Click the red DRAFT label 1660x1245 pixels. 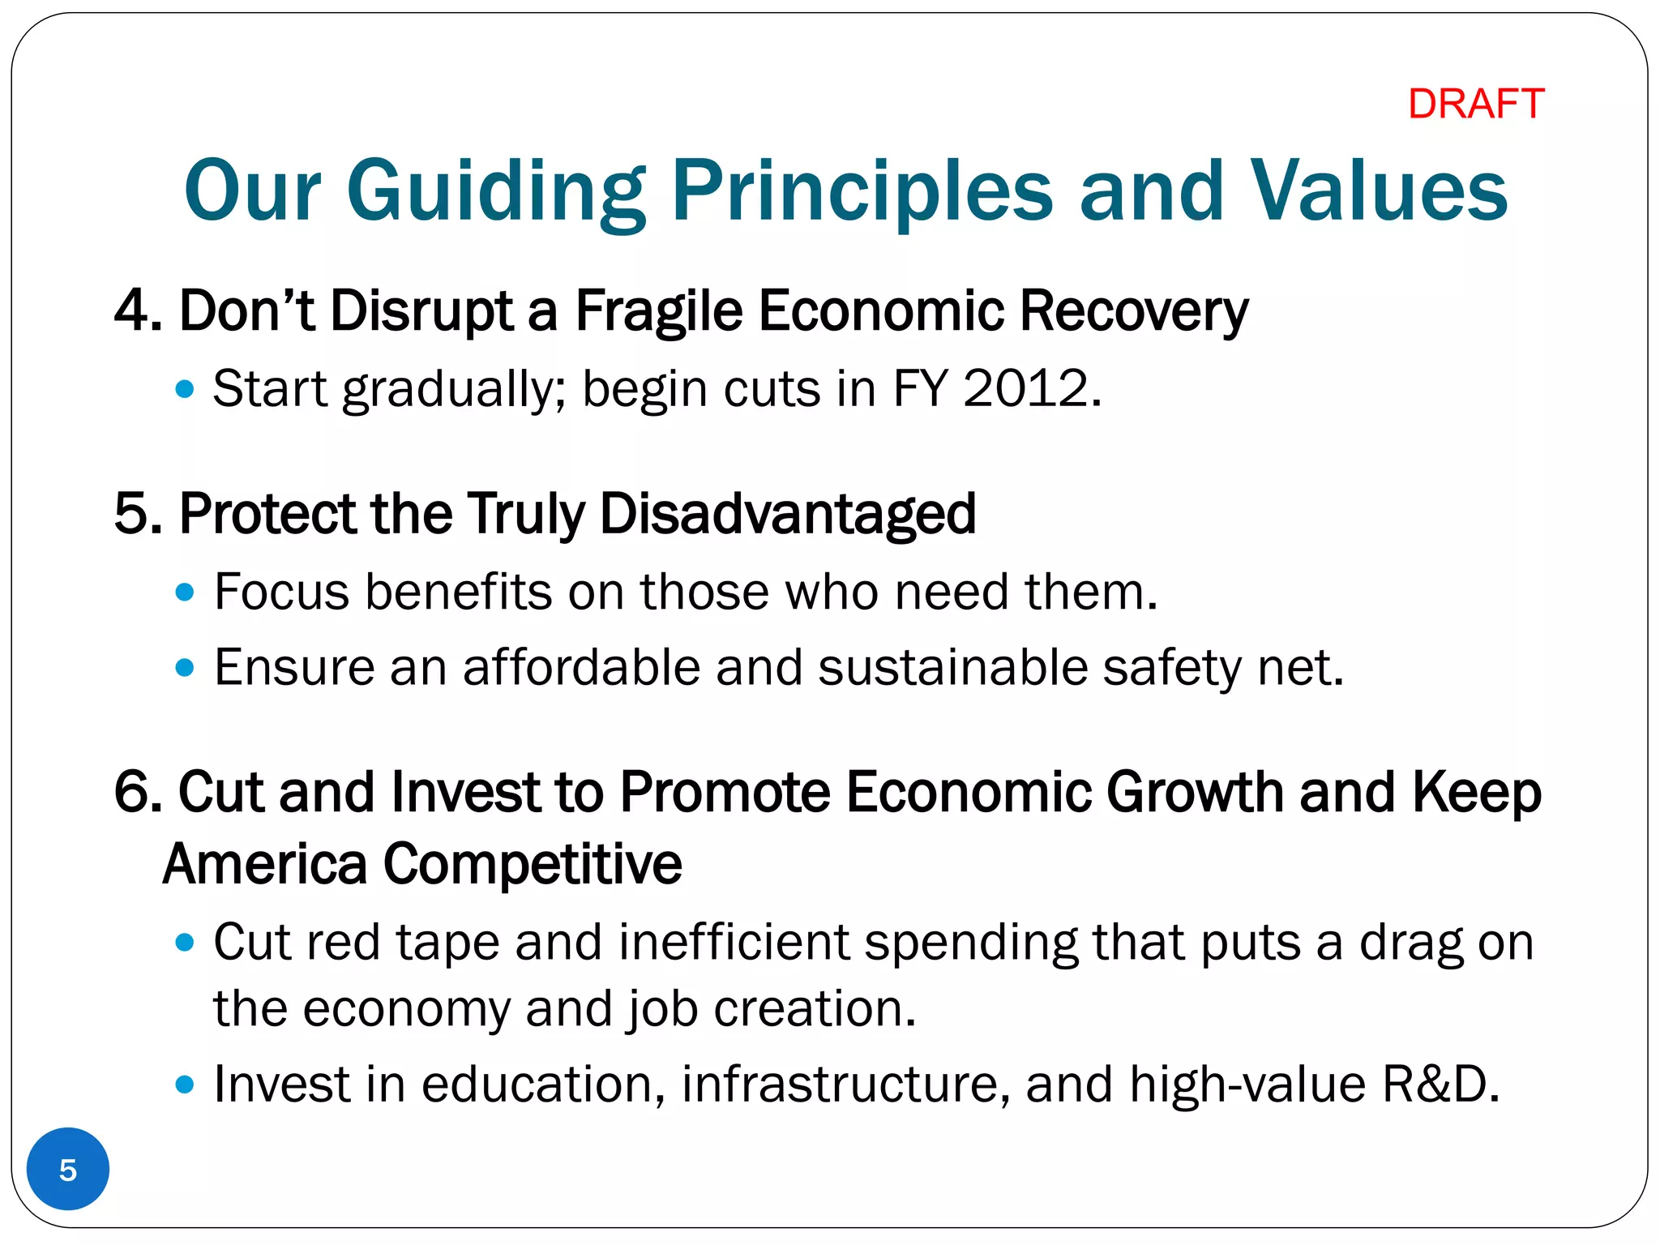1475,104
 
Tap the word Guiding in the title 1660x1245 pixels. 495,191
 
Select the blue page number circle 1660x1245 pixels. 68,1169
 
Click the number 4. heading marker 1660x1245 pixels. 138,311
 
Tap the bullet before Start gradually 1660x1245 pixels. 185,389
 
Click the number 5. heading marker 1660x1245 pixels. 138,514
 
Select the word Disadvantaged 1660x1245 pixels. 787,514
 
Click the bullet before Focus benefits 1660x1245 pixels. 185,593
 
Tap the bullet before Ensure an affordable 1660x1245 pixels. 185,668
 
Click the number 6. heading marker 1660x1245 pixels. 138,792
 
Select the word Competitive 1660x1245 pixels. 532,864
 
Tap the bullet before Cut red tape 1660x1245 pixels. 185,943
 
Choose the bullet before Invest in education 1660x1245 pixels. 185,1085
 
